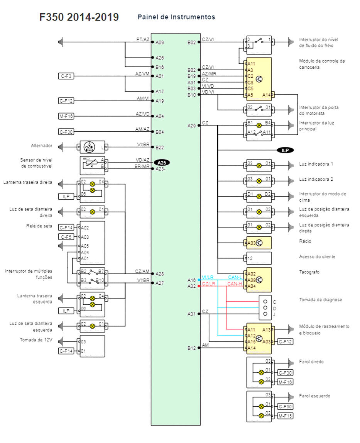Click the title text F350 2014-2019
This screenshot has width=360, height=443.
coord(79,17)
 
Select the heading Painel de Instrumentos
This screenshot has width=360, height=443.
coord(176,17)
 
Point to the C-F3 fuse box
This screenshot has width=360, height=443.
coord(66,76)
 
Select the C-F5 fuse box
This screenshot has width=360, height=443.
coord(66,237)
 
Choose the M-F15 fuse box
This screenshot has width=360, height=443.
coord(285,416)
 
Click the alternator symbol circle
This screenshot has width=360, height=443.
coord(89,147)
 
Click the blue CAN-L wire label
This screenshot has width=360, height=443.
coord(235,277)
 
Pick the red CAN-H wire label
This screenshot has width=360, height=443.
coord(235,284)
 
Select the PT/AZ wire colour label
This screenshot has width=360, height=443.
coord(143,40)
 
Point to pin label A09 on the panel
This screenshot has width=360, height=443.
coord(160,43)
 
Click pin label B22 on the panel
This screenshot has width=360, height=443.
coord(160,148)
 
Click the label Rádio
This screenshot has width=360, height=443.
coord(305,241)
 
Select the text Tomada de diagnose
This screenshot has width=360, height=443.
coord(320,300)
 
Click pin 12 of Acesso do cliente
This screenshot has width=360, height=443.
coord(250,258)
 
